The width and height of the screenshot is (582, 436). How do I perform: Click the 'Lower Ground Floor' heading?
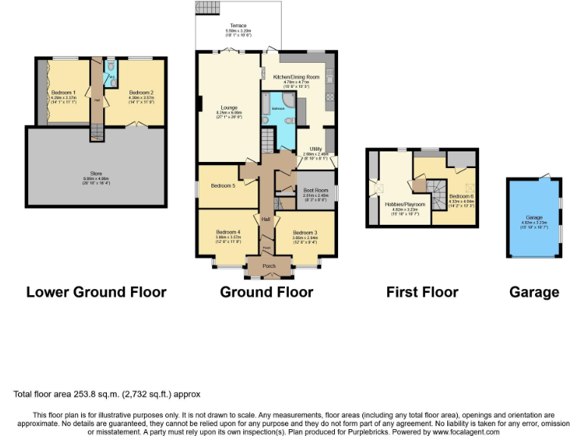click(96, 291)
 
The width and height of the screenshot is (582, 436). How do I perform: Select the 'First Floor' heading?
click(422, 291)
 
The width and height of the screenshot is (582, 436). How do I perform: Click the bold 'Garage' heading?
click(535, 291)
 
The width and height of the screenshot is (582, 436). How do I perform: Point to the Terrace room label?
click(239, 25)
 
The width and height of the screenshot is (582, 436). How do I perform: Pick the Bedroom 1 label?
click(63, 92)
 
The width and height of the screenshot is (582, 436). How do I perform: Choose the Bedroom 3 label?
click(305, 232)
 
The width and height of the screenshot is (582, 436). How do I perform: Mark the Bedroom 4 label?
click(227, 232)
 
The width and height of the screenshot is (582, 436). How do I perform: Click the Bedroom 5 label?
click(223, 185)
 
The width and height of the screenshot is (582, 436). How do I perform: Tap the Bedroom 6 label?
click(462, 196)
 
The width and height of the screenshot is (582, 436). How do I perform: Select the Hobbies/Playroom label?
click(404, 204)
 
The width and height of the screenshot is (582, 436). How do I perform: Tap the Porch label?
click(268, 266)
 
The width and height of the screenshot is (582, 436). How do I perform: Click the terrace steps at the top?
click(206, 7)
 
